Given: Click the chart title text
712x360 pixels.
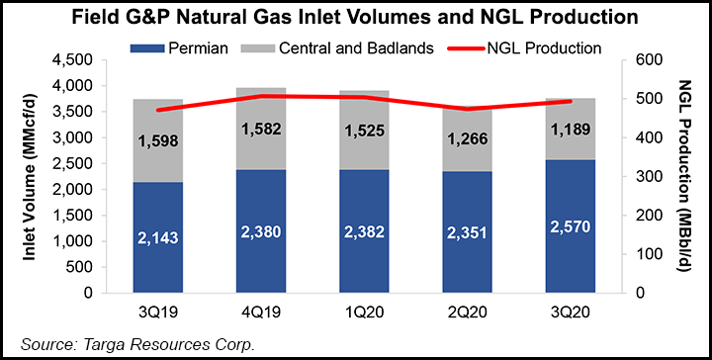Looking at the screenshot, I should (x=355, y=16).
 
